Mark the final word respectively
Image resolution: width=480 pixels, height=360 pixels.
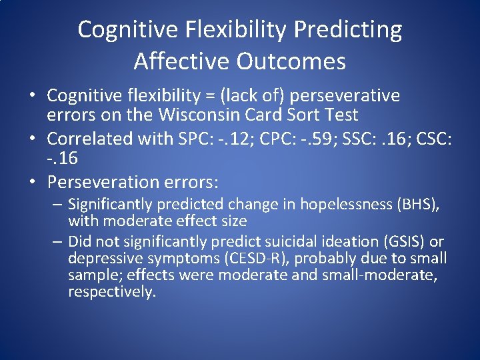tap(111, 292)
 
